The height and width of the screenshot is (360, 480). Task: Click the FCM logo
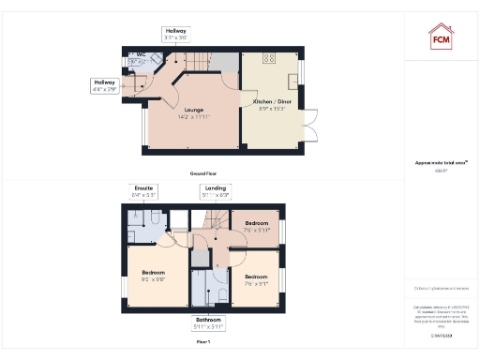click(x=441, y=37)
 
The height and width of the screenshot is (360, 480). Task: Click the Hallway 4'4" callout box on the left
click(x=104, y=85)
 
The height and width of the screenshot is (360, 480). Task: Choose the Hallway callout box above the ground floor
click(x=176, y=35)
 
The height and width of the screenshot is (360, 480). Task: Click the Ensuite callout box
click(x=143, y=191)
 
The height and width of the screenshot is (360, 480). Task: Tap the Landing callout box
click(x=215, y=191)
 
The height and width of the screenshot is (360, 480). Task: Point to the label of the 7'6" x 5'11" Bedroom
click(x=256, y=227)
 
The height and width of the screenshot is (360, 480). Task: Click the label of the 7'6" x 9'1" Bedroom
click(x=256, y=279)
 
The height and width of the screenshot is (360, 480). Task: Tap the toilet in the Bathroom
click(x=217, y=293)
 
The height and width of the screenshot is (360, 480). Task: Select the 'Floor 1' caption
click(x=202, y=342)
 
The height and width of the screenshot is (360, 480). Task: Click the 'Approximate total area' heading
click(x=440, y=163)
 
